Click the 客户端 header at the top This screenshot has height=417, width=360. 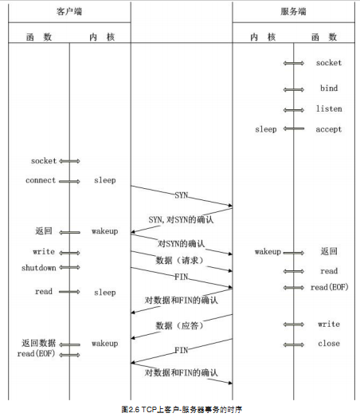coord(69,12)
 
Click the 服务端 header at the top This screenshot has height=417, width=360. coord(293,12)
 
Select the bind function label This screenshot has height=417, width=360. coord(329,88)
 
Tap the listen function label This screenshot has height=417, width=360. coord(329,108)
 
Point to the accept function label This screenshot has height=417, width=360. coord(329,129)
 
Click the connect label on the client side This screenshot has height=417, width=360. coord(41,180)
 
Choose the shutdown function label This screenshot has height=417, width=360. coord(39,268)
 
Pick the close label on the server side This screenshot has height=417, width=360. coord(329,344)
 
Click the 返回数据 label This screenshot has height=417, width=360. coord(39,343)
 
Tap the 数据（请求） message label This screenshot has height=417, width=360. coord(179,261)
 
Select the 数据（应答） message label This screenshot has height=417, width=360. coord(179,325)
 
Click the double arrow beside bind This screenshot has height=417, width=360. coord(294,89)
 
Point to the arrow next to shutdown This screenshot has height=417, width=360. coord(69,267)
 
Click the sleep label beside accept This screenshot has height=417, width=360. coord(266,129)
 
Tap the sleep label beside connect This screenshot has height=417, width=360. coord(105,180)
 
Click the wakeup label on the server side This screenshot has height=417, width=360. coord(268,252)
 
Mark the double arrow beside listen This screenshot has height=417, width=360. coord(294,110)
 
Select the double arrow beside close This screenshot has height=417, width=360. coord(294,345)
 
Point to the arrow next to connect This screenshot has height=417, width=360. coord(69,182)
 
